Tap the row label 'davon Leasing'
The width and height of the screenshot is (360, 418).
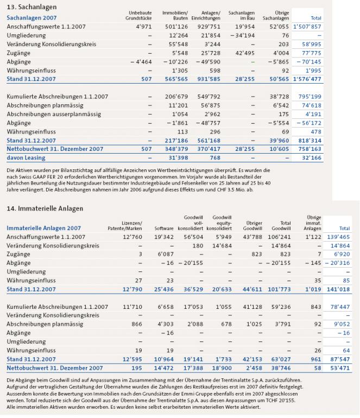click(26, 157)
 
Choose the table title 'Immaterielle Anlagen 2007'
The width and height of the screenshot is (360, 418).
click(43, 229)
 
